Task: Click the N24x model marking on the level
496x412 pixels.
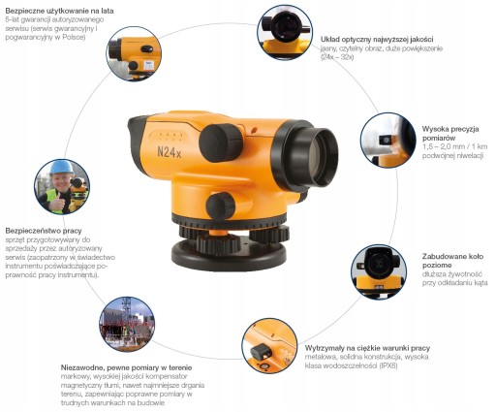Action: pyautogui.click(x=170, y=151)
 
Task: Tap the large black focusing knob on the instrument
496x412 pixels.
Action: pyautogui.click(x=221, y=143)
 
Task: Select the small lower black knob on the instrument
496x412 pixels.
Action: pyautogui.click(x=221, y=206)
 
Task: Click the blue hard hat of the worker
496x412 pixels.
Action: pyautogui.click(x=62, y=167)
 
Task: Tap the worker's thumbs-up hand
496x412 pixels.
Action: pyautogui.click(x=57, y=203)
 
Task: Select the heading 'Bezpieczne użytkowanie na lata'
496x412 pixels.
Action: pyautogui.click(x=59, y=11)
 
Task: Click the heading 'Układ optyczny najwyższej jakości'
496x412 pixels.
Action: pyautogui.click(x=377, y=40)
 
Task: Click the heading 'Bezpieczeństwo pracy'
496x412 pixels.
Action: pyautogui.click(x=44, y=231)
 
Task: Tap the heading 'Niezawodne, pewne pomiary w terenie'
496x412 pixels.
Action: pyautogui.click(x=126, y=367)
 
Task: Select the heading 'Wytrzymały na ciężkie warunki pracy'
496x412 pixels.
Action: pyautogui.click(x=367, y=348)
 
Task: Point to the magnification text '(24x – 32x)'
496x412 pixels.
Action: pyautogui.click(x=337, y=57)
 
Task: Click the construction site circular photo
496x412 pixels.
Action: pyautogui.click(x=127, y=324)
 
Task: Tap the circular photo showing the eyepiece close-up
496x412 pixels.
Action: pyautogui.click(x=285, y=32)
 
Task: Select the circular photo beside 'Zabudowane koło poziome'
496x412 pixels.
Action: pyautogui.click(x=379, y=271)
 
